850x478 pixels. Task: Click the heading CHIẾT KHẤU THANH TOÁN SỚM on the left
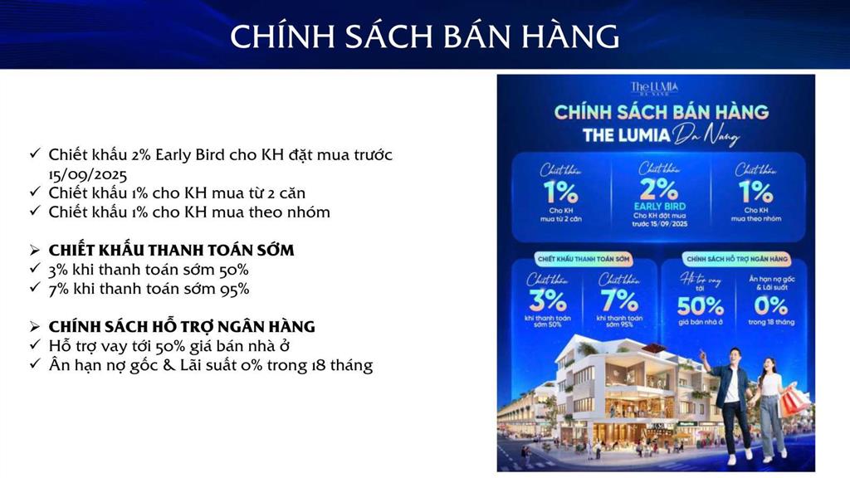point(171,250)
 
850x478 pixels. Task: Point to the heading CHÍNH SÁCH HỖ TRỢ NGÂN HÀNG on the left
point(182,326)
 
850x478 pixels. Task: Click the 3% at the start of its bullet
point(60,270)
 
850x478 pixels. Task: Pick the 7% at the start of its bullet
point(60,289)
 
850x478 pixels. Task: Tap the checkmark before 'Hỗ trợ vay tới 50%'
point(34,346)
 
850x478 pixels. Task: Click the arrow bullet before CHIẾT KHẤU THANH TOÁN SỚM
point(35,250)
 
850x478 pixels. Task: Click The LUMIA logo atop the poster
point(654,87)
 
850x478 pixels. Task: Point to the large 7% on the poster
point(618,299)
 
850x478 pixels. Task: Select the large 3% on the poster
point(547,299)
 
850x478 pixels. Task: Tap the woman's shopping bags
point(794,402)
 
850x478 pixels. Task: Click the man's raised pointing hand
point(705,354)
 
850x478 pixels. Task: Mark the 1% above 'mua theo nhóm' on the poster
point(754,192)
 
